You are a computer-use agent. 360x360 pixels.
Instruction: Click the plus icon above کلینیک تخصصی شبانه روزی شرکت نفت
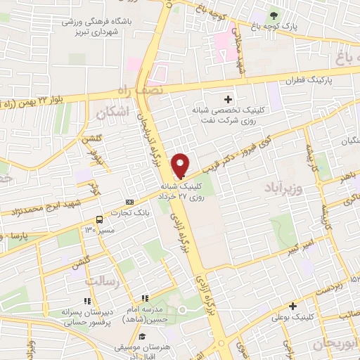point(227,99)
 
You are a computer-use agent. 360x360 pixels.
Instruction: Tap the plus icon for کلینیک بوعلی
point(292,305)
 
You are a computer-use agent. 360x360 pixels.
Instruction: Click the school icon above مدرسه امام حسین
point(145,299)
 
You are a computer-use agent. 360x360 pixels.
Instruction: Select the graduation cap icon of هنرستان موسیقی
point(142,336)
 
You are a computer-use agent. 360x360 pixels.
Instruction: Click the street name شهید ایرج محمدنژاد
point(53,206)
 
